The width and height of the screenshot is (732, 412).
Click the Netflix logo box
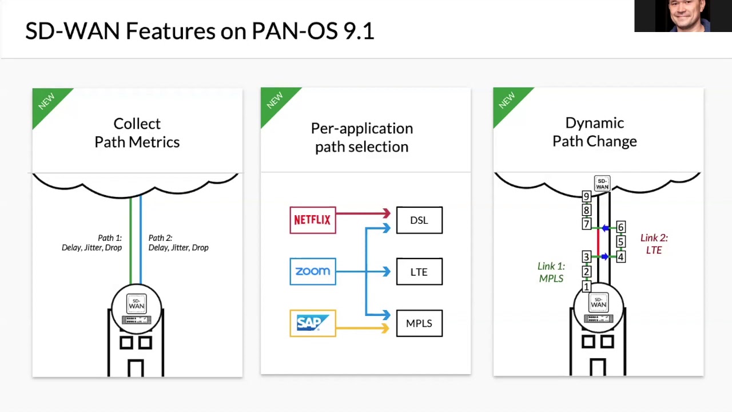coord(313,220)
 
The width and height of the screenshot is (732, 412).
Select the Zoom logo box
coord(313,271)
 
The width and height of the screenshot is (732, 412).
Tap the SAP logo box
coord(313,323)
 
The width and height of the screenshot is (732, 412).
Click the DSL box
coord(419,220)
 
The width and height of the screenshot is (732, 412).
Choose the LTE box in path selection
coord(419,272)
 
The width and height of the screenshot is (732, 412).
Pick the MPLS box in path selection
coord(419,323)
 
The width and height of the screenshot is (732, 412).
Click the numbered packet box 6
coord(620,228)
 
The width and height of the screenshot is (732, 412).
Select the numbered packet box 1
coord(586,286)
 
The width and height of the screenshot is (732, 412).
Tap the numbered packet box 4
coord(620,257)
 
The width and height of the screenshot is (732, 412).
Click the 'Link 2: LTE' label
coord(654,244)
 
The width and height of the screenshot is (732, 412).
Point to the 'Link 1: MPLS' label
coord(551,272)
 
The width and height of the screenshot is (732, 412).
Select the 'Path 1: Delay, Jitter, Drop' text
coord(92,243)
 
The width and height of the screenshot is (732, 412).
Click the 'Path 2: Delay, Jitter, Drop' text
coord(178,243)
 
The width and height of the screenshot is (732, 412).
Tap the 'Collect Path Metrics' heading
coord(137,133)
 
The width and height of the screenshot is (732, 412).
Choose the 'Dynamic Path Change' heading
coord(595,132)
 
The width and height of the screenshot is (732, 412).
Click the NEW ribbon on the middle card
coord(275,101)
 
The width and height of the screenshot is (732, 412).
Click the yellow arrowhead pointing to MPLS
coord(387,328)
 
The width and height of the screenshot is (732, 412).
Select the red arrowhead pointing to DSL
coord(387,213)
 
